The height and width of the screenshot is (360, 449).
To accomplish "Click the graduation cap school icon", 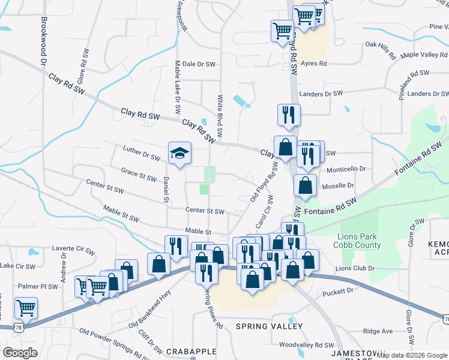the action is [179, 153].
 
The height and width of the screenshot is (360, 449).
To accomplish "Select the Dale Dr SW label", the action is [198, 64].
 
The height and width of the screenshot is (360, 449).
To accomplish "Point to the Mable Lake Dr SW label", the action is [178, 87].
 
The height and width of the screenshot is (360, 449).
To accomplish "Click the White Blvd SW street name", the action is [220, 115].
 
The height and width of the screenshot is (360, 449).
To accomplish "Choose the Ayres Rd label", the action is [314, 63].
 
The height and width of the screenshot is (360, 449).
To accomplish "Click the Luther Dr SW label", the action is [142, 153].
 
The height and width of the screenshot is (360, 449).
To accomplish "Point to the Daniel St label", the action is [164, 190].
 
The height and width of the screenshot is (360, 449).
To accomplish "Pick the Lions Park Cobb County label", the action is [359, 241].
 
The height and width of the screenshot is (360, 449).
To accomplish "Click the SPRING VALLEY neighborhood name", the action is [268, 326].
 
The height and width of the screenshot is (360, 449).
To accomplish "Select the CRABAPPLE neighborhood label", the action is [187, 351].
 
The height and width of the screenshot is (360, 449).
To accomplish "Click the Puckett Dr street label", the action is [342, 292].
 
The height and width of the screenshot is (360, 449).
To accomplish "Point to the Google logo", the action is [20, 353].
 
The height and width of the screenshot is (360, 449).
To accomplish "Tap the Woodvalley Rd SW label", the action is [307, 345].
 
